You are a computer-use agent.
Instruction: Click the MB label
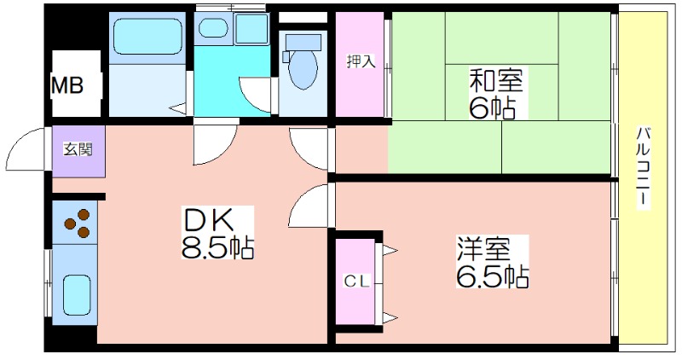pyautogui.click(x=67, y=85)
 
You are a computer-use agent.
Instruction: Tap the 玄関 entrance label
pyautogui.click(x=78, y=150)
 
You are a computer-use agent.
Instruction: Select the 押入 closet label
pyautogui.click(x=361, y=61)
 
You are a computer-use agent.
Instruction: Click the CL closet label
pyautogui.click(x=356, y=282)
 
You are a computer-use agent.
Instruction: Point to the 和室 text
pyautogui.click(x=495, y=79)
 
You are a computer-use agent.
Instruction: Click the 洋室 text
pyautogui.click(x=483, y=248)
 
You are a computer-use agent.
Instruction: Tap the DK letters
pyautogui.click(x=209, y=220)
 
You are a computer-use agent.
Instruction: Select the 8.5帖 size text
pyautogui.click(x=217, y=247)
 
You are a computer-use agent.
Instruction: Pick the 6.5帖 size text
pyautogui.click(x=493, y=275)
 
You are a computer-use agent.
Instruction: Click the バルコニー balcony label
pyautogui.click(x=644, y=167)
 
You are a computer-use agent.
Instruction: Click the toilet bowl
pyautogui.click(x=303, y=70)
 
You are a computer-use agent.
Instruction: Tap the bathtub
pyautogui.click(x=147, y=37)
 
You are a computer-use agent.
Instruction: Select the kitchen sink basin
pyautogui.click(x=77, y=294)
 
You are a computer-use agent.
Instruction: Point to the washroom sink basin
pyautogui.click(x=213, y=29)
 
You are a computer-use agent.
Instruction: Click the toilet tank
pyautogui.click(x=303, y=43)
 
